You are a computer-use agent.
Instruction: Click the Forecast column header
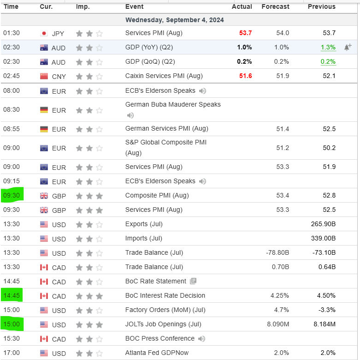[x=275, y=6]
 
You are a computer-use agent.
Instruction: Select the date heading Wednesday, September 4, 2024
[x=175, y=20]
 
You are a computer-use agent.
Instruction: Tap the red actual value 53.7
[x=245, y=33]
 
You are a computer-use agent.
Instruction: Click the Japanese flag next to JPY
[x=44, y=33]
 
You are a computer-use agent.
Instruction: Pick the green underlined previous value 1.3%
[x=328, y=47]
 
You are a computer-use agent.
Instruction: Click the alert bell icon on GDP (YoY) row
[x=348, y=47]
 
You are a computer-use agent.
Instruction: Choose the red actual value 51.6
[x=245, y=76]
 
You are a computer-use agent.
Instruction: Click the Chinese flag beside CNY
[x=44, y=76]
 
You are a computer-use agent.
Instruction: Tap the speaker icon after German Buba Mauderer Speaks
[x=130, y=115]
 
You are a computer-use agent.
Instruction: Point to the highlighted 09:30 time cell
[x=12, y=195]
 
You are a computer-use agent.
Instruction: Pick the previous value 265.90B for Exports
[x=323, y=224]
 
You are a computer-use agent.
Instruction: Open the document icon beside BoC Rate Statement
[x=193, y=281]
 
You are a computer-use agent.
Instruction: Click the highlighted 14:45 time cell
[x=12, y=295]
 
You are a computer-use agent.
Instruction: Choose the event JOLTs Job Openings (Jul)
[x=162, y=324]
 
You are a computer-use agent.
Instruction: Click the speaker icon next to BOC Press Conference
[x=201, y=339]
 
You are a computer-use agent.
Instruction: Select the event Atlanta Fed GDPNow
[x=157, y=353]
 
